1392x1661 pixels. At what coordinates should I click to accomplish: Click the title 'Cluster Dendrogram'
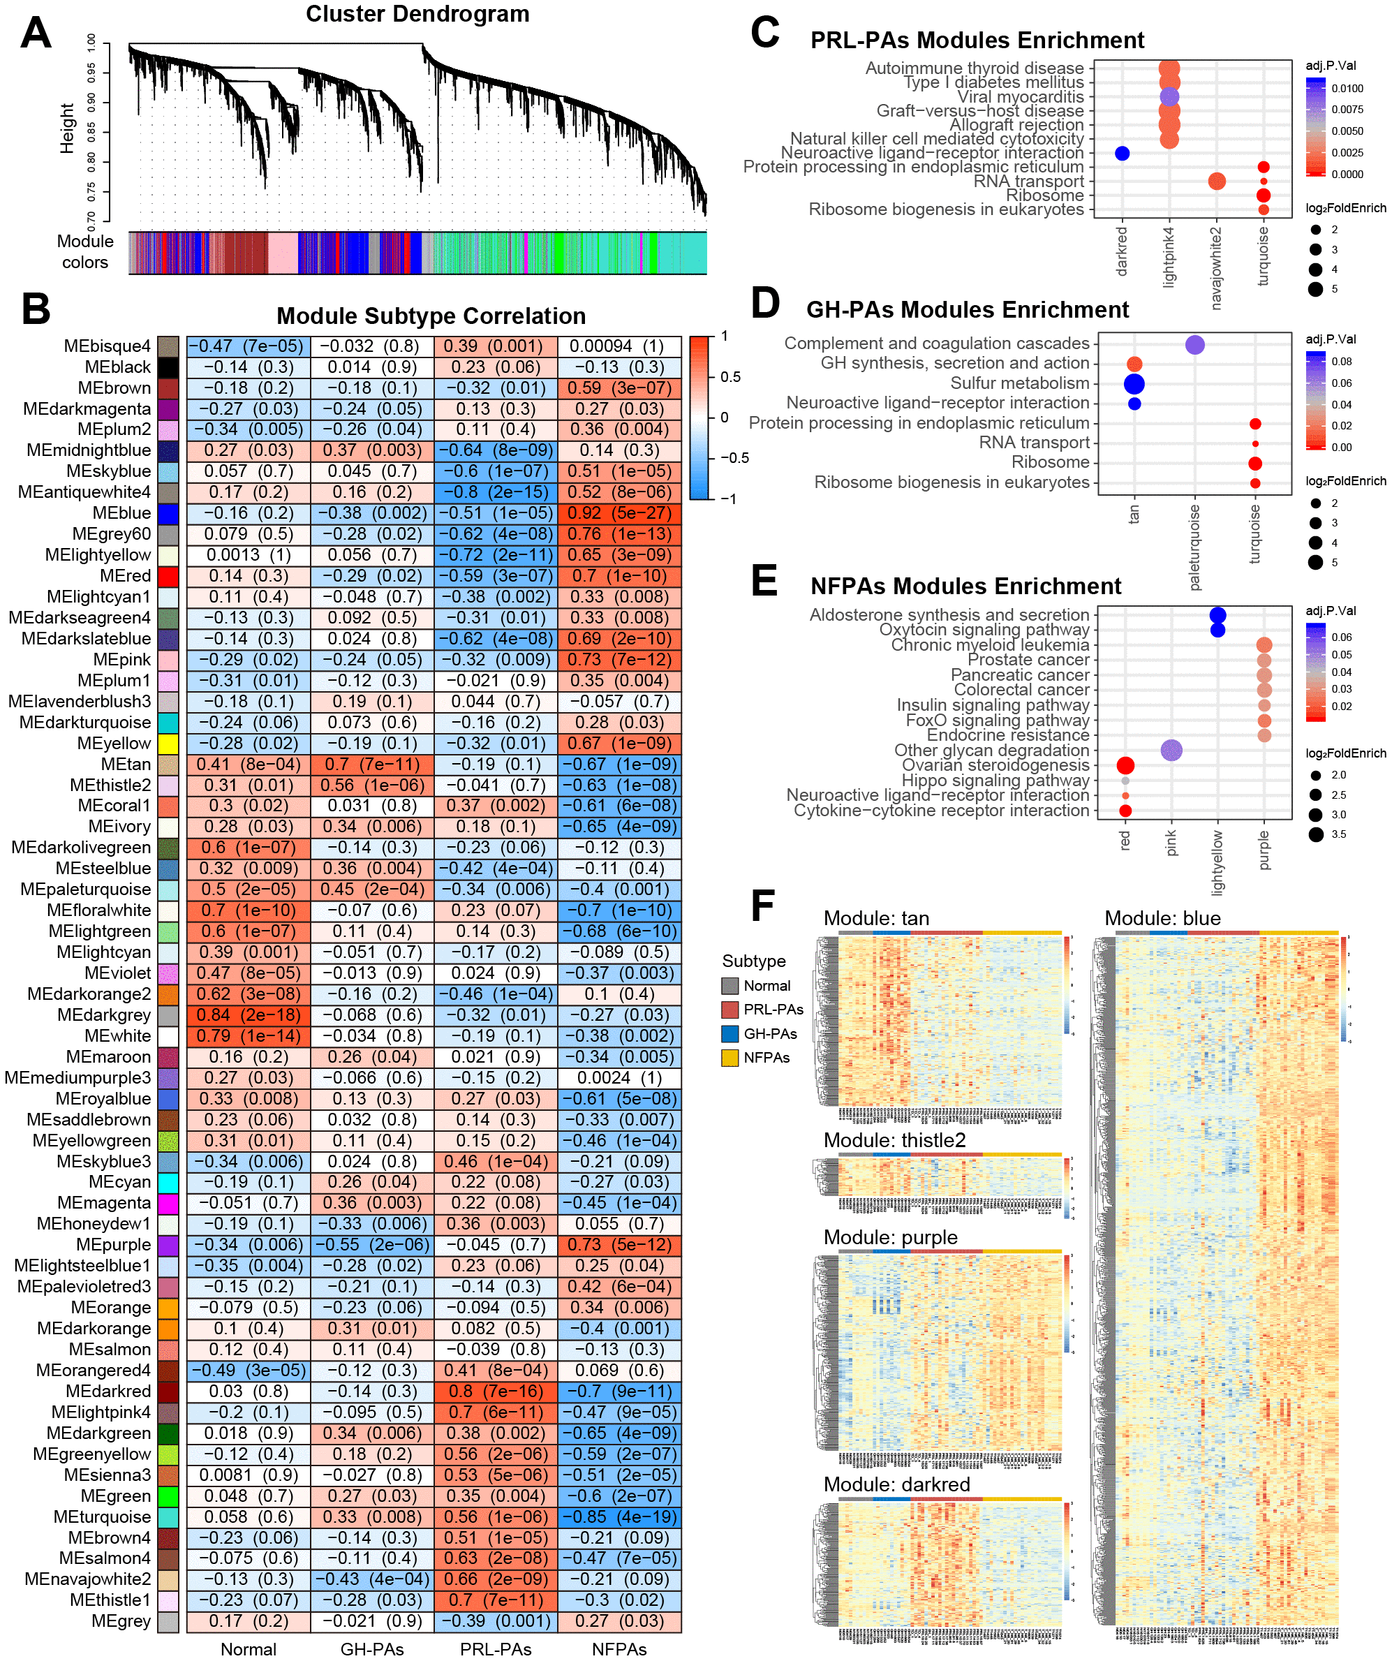[x=417, y=14]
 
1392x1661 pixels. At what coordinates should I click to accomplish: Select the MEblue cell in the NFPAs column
[x=619, y=513]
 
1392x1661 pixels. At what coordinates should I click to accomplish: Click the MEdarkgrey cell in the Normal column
[x=249, y=1014]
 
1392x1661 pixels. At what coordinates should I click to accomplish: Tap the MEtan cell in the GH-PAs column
[x=371, y=765]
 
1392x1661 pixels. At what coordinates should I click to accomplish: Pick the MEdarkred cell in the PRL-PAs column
[x=496, y=1391]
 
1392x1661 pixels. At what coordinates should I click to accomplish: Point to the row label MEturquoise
[x=102, y=1517]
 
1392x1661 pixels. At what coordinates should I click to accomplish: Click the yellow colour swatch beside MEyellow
[x=168, y=744]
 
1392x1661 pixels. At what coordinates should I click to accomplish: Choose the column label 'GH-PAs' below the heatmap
[x=371, y=1649]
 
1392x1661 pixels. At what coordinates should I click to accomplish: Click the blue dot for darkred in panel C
[x=1122, y=154]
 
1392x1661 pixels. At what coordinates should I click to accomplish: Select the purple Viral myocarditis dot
[x=1169, y=97]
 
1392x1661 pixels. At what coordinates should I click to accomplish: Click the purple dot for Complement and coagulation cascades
[x=1195, y=345]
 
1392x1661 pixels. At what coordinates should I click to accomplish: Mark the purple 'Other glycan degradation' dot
[x=1171, y=751]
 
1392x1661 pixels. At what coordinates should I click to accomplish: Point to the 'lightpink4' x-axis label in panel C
[x=1169, y=256]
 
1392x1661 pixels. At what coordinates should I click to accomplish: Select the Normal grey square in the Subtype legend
[x=730, y=986]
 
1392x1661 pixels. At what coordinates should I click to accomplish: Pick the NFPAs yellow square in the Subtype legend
[x=730, y=1058]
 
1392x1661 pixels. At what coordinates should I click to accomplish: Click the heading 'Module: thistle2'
[x=894, y=1139]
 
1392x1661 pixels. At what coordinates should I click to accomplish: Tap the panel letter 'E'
[x=763, y=582]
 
